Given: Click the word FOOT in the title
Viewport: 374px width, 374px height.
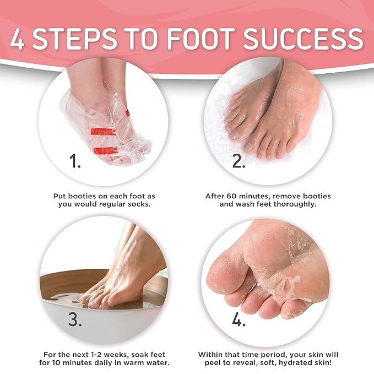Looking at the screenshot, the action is pos(199,39).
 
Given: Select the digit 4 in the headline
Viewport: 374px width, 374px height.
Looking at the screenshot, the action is pos(17,39).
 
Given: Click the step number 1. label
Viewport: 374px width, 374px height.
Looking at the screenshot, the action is pos(75,160).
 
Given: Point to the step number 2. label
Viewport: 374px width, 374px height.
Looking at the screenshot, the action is pos(239,160).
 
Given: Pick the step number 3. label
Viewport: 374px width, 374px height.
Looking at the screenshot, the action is pos(75,319).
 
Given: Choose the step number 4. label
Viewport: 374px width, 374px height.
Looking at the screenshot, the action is pos(239,319).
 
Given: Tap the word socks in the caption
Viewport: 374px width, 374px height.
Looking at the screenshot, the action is pos(139,204).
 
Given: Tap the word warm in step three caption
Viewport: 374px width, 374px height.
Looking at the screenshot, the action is pos(132,363).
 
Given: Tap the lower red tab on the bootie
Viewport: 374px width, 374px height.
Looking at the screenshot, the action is pos(106,151).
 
